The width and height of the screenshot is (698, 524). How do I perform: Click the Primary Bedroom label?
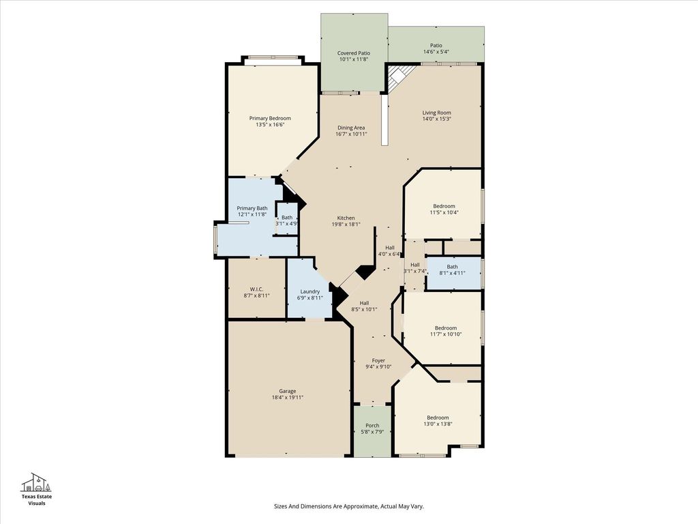[x=270, y=118]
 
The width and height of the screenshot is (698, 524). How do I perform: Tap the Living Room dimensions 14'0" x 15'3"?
[x=437, y=119]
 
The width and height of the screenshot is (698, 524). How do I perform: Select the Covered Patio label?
[x=354, y=53]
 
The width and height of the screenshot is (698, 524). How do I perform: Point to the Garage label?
[x=288, y=391]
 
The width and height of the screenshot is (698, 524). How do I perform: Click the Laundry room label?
[x=310, y=291]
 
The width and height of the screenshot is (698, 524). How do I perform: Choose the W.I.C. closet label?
[x=256, y=289]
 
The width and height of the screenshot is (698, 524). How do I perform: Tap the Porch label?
[x=373, y=426]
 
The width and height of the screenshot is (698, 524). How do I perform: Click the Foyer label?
[x=378, y=360]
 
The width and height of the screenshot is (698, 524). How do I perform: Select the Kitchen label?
[x=346, y=218]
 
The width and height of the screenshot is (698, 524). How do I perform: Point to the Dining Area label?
[x=351, y=128]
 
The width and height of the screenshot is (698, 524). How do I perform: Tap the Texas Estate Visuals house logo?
[x=37, y=482]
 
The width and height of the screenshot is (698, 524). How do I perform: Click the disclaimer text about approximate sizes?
[x=348, y=506]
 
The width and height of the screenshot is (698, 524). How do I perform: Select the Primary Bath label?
[x=252, y=208]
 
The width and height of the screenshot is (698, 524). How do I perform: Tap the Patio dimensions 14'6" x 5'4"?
[x=436, y=52]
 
